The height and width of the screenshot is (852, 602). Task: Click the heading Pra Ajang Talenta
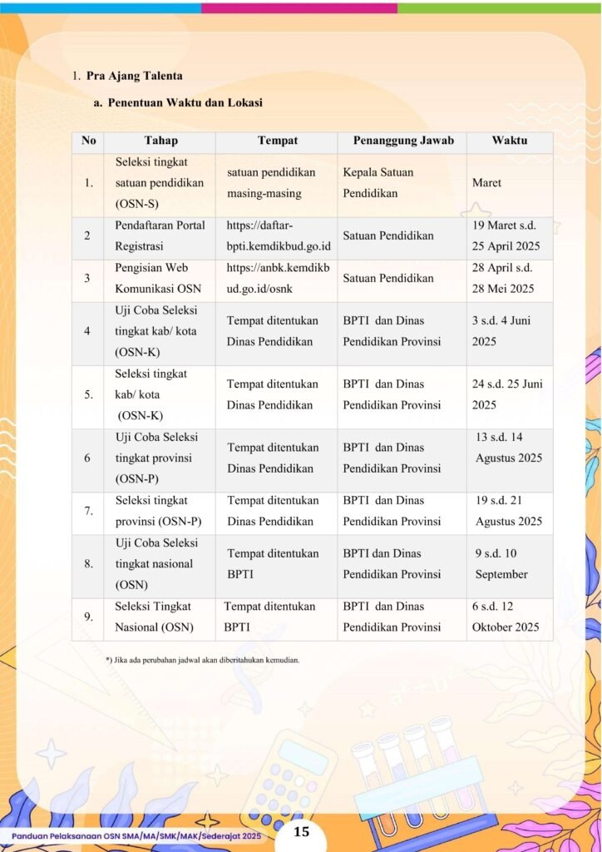click(134, 77)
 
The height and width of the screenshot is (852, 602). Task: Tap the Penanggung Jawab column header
click(403, 141)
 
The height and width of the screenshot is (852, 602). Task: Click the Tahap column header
click(160, 141)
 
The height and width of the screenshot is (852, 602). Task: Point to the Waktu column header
click(509, 141)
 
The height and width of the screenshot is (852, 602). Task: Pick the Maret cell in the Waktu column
click(486, 183)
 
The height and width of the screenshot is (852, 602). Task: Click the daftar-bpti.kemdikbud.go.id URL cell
click(278, 236)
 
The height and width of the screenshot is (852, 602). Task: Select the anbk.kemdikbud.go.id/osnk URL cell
click(278, 279)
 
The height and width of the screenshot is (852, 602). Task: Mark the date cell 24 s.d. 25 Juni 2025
click(506, 394)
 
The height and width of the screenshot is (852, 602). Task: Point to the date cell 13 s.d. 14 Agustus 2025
click(508, 448)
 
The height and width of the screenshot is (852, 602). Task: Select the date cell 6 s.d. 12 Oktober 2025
click(505, 617)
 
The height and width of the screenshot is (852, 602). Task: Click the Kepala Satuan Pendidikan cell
click(378, 183)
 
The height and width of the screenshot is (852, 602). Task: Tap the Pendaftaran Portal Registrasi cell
click(160, 236)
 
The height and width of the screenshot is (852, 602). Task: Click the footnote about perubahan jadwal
click(202, 660)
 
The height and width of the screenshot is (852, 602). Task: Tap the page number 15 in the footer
click(301, 832)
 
